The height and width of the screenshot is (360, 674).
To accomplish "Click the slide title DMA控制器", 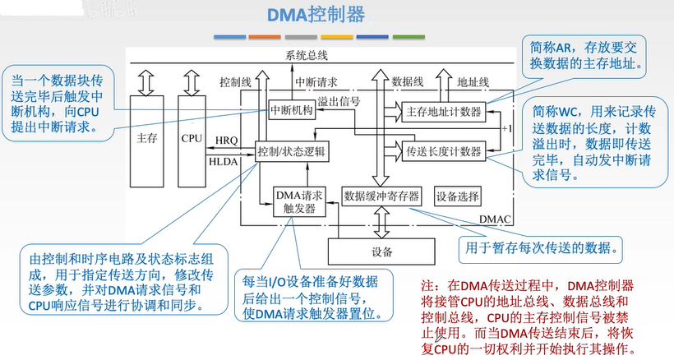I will (x=316, y=16).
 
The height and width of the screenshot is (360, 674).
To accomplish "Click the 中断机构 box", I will (x=292, y=112).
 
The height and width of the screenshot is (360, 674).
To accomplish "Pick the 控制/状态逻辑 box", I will (x=292, y=152).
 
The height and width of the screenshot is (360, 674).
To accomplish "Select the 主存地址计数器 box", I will (x=443, y=111).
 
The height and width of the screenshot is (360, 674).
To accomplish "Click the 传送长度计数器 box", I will (x=443, y=151).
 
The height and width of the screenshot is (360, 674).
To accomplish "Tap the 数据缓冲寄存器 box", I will (x=381, y=196).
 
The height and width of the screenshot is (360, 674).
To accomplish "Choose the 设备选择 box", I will (x=459, y=196).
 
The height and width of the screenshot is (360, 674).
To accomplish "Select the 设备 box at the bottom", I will (x=381, y=251).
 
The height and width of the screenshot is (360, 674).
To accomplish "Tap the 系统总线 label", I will (x=307, y=55).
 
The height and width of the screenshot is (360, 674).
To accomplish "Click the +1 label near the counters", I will (x=506, y=129).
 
